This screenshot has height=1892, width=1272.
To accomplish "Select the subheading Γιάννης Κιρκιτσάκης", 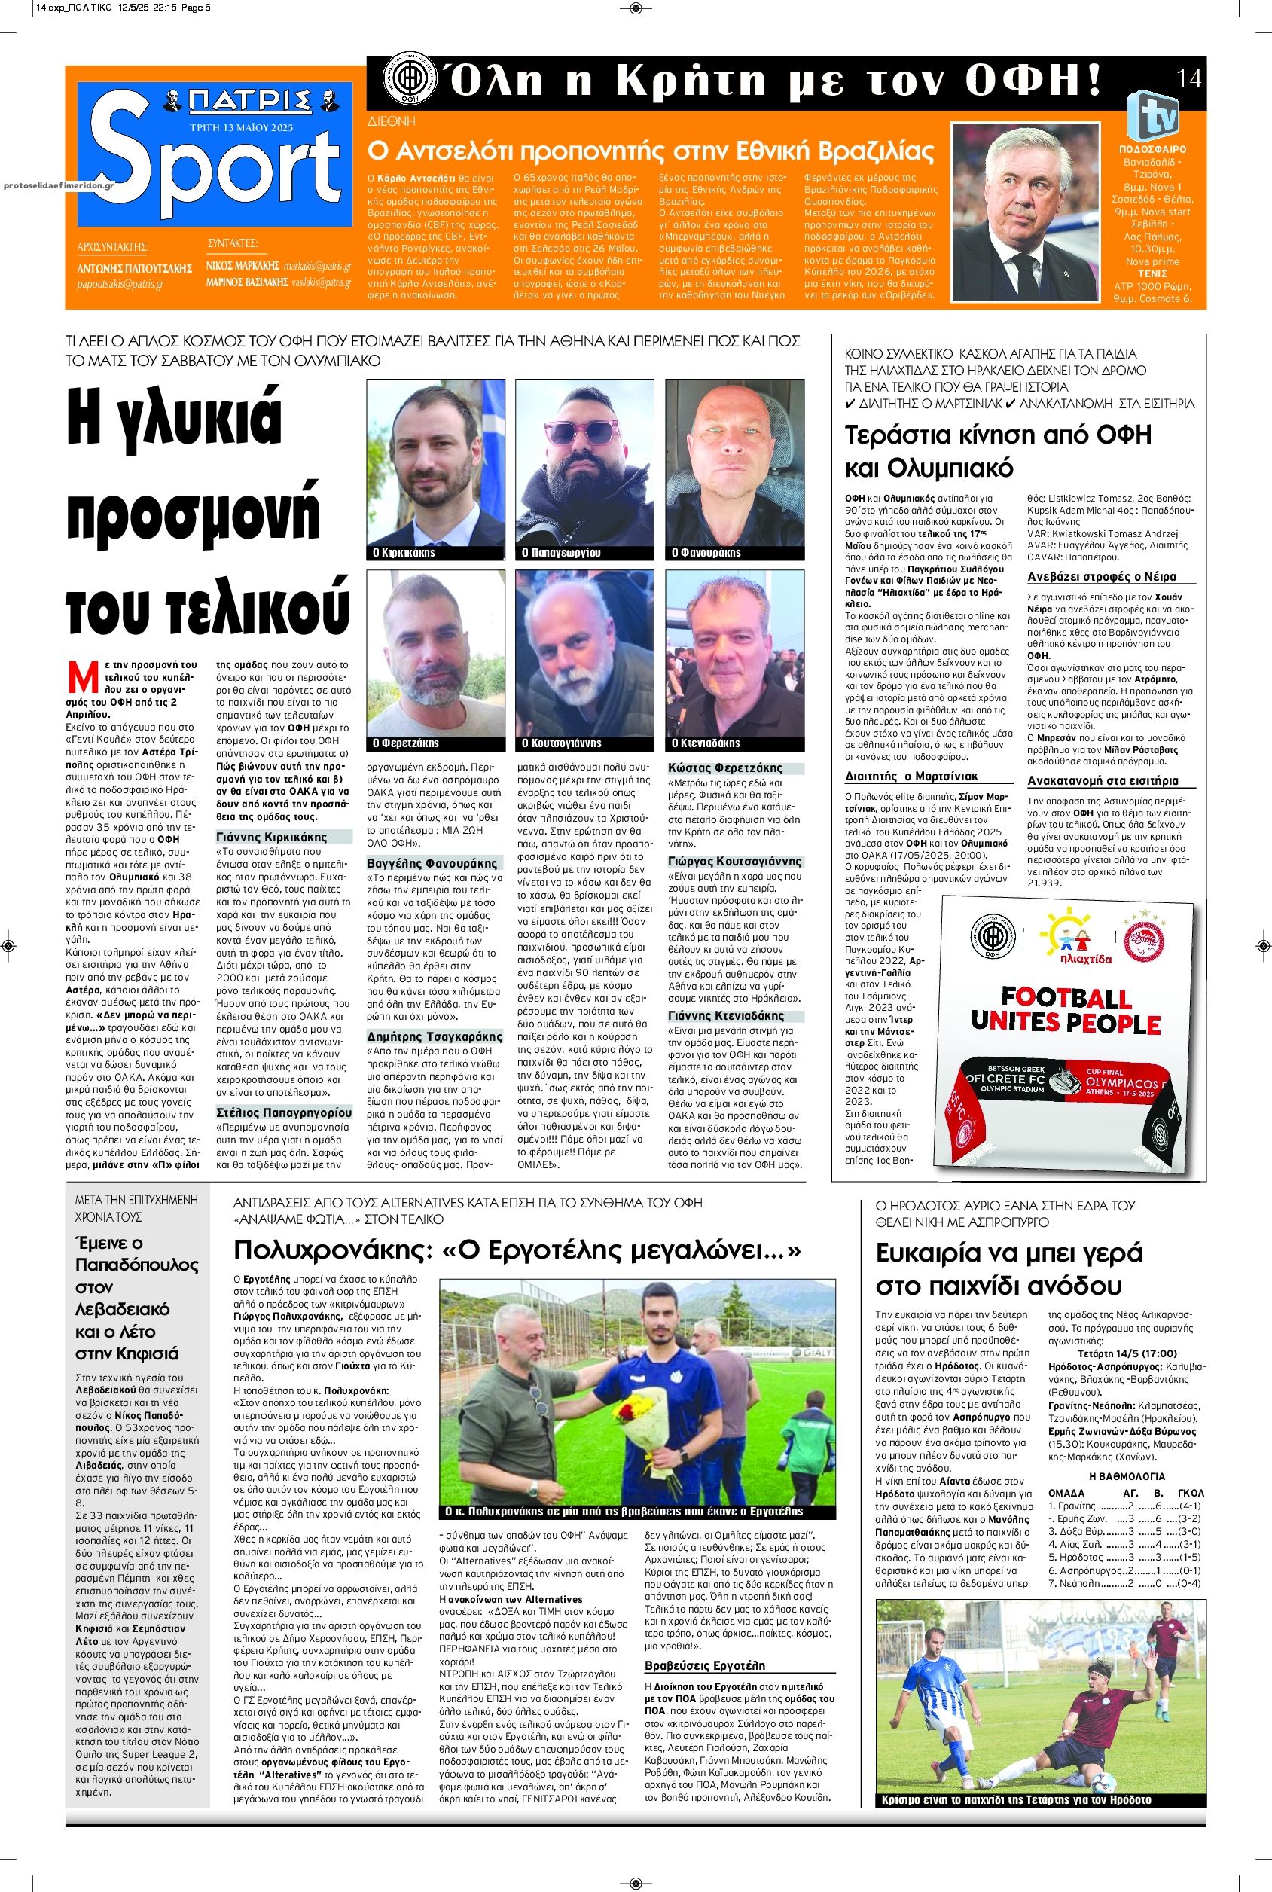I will point(271,837).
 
